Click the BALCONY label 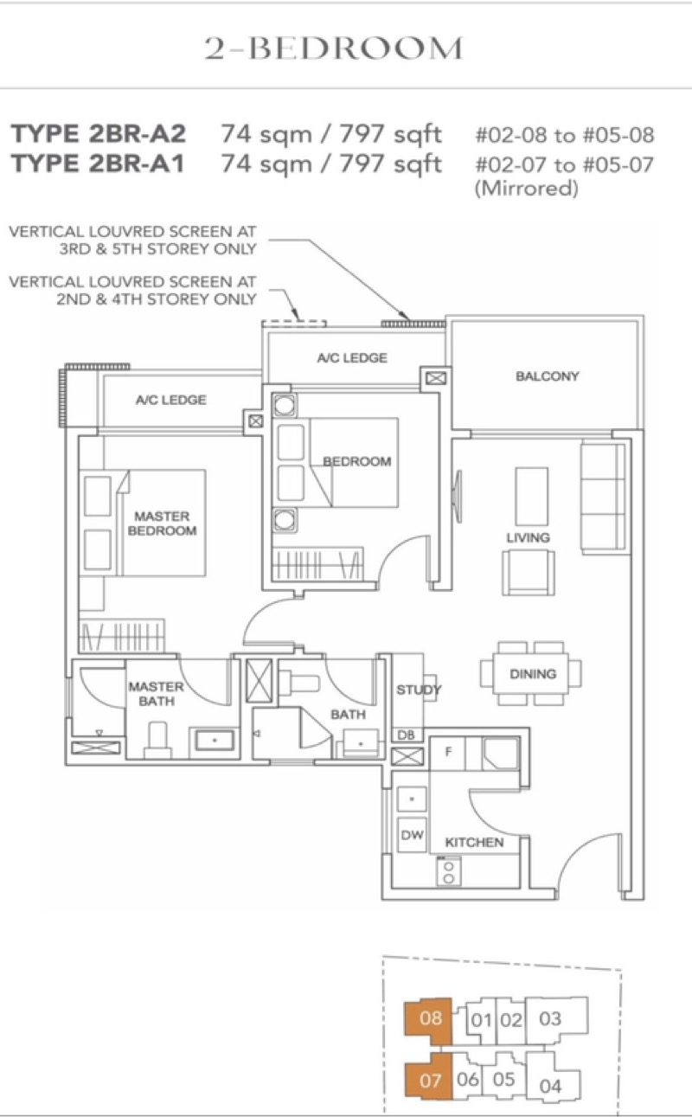(x=547, y=376)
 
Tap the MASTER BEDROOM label (x=162, y=523)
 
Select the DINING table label (x=533, y=674)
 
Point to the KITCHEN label (x=474, y=842)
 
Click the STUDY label (x=419, y=690)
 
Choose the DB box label (x=406, y=735)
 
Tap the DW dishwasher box (x=412, y=834)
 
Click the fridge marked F (x=448, y=753)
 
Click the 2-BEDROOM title (x=334, y=48)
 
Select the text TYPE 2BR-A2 (x=99, y=133)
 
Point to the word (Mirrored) (x=526, y=189)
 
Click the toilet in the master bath (x=158, y=740)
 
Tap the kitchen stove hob (x=448, y=870)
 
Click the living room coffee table (x=531, y=496)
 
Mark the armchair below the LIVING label (x=528, y=573)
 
